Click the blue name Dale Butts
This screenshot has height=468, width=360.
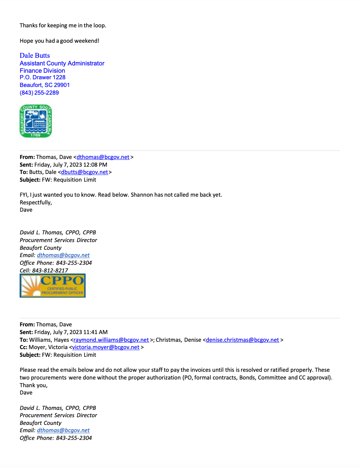(x=35, y=55)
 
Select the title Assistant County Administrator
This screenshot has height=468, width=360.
(x=62, y=63)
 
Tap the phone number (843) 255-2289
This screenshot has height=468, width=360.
(x=39, y=93)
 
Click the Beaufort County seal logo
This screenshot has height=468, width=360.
(x=36, y=121)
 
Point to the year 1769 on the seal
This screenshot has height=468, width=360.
(x=35, y=135)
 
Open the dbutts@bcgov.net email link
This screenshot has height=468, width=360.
(x=85, y=172)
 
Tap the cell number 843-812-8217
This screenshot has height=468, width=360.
(x=50, y=271)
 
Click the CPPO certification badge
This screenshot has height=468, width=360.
(x=53, y=286)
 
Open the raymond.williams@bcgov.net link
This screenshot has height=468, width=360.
(x=111, y=340)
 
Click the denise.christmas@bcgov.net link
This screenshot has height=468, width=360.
(x=242, y=340)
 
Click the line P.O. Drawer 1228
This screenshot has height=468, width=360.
(x=43, y=77)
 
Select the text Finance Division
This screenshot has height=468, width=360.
(x=42, y=70)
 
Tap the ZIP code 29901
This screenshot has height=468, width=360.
(x=62, y=85)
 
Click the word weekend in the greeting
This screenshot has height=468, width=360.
(x=87, y=41)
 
